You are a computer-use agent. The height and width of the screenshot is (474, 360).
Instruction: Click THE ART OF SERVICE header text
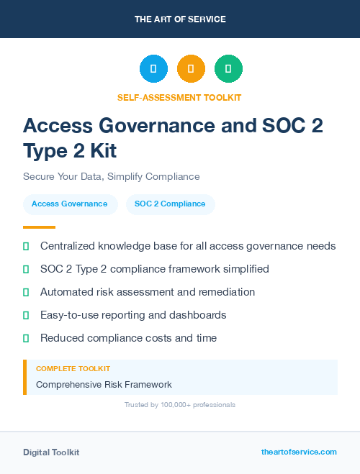(x=180, y=19)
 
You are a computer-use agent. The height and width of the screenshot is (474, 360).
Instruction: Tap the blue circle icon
(x=153, y=69)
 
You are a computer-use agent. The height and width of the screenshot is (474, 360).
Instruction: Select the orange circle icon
(x=191, y=69)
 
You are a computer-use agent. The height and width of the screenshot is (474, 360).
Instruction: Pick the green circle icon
(x=228, y=69)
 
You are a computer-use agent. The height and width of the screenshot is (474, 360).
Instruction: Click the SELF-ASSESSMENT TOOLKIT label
(x=179, y=97)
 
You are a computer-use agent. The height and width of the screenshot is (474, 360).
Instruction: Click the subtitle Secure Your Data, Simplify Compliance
(x=111, y=176)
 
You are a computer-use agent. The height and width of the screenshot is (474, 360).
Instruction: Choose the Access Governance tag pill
(x=70, y=204)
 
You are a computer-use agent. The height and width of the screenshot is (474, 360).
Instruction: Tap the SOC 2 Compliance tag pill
(x=170, y=204)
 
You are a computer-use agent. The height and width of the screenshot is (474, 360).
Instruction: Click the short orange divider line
(x=39, y=227)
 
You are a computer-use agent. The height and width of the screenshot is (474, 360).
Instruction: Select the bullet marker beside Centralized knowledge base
(x=26, y=246)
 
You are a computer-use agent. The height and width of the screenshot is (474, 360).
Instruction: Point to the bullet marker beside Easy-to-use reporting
(x=26, y=315)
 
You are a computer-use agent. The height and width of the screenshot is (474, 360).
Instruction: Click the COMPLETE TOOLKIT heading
(x=69, y=368)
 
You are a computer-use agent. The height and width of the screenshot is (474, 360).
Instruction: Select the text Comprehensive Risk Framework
(x=104, y=385)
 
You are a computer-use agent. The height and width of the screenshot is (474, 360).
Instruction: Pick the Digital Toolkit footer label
(x=51, y=452)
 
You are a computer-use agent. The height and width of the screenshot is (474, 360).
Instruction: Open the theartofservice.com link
(x=299, y=452)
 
